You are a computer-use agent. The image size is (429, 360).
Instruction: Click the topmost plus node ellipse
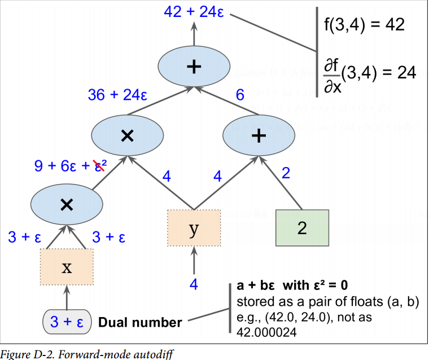[x=194, y=67]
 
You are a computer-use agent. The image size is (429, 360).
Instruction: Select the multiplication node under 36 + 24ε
[x=128, y=135]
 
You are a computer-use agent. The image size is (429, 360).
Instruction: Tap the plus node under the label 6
[x=258, y=135]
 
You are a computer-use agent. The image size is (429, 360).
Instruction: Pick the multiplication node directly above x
[x=67, y=204]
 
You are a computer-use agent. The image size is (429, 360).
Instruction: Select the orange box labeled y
[x=194, y=227]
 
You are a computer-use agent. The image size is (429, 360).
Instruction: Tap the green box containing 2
[x=302, y=227]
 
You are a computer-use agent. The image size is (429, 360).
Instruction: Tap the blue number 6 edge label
[x=240, y=95]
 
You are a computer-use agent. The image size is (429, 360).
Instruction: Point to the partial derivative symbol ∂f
[x=331, y=67]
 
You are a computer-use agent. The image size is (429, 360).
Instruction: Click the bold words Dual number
[x=141, y=323]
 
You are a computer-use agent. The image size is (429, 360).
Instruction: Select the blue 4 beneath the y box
[x=194, y=284]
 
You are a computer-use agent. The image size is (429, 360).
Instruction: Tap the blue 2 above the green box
[x=286, y=173]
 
